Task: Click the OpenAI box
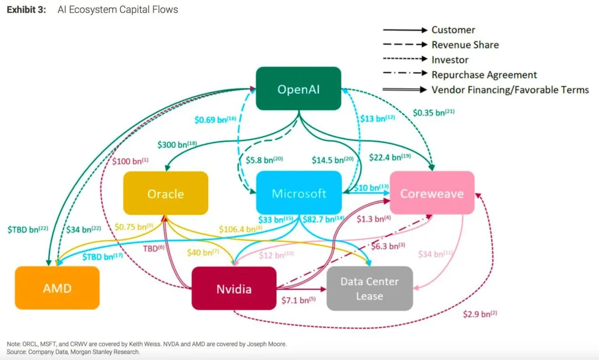[x=298, y=89]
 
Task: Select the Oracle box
[x=165, y=194]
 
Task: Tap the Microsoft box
[x=299, y=194]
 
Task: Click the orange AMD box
[x=57, y=288]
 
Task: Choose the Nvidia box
[x=234, y=289]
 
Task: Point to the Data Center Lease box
[x=369, y=288]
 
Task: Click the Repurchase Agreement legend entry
[x=484, y=75]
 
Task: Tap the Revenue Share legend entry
[x=465, y=45]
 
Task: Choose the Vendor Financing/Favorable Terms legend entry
[x=510, y=90]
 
